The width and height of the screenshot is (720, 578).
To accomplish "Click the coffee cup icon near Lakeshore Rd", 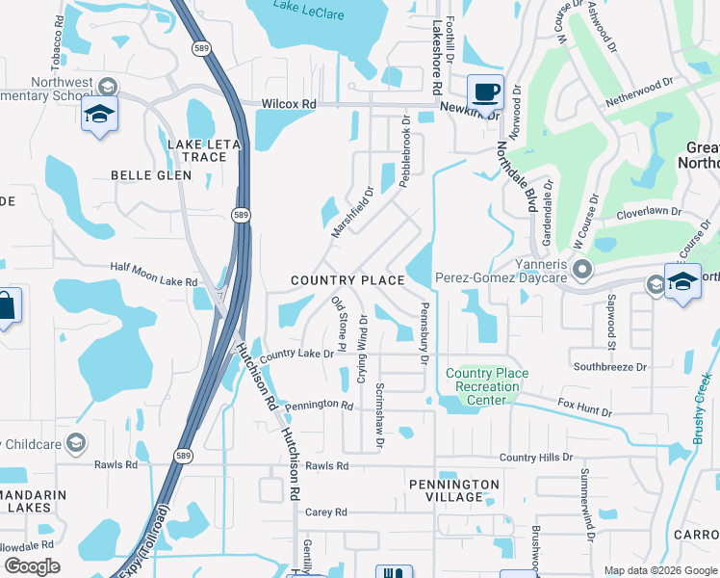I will pos(485,92).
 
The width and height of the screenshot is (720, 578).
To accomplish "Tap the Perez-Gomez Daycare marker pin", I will pos(580,268).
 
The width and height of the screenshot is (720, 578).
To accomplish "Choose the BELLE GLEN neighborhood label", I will pos(151,175).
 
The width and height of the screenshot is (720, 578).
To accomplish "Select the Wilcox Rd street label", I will pos(289,104).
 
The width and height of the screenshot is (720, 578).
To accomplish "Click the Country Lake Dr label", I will pos(296,355).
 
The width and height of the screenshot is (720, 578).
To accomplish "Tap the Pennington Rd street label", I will pos(319,405).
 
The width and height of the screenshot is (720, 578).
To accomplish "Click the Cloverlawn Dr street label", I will pos(649,212).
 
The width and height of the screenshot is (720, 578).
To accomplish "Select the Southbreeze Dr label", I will pos(610,367).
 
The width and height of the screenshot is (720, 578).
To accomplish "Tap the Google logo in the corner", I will pos(32,566).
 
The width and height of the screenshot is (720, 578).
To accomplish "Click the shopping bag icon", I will pos(6,308).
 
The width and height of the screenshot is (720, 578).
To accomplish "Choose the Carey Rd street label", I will pos(325,512).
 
